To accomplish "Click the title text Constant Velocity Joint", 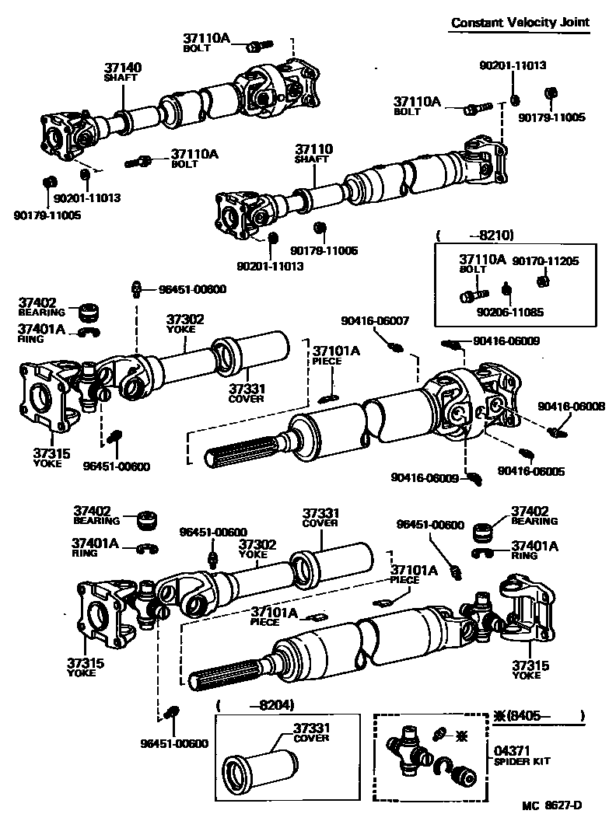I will pos(520,22).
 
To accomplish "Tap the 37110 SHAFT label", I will pos(313,153).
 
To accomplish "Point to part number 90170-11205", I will pos(545,261).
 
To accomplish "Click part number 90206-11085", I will pos(511,312).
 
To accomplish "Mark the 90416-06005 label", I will pos(521,470).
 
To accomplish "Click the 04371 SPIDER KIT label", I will pos(522,756).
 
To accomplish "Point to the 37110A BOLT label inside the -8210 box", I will pos(481,263).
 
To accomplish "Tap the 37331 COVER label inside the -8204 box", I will pos(312,732).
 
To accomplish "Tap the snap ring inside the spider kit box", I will pos(443,766).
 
